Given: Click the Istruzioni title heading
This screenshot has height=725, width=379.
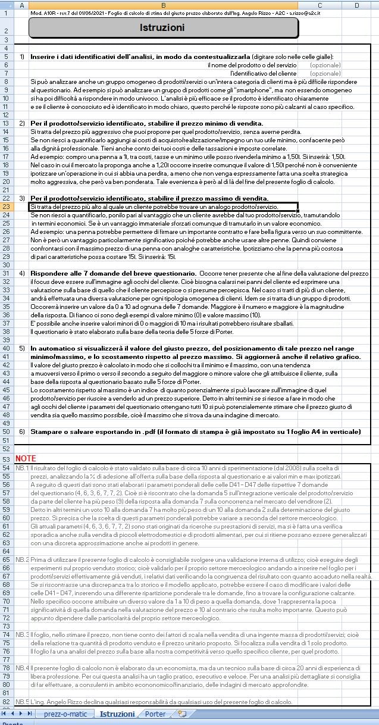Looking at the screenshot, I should click(x=162, y=27).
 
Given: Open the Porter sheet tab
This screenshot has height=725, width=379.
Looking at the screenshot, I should click(x=155, y=714).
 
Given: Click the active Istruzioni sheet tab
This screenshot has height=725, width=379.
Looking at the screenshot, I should click(x=117, y=714).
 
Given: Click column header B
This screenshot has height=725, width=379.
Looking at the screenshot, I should click(x=162, y=5).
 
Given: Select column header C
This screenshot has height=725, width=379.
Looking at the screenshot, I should click(x=320, y=5).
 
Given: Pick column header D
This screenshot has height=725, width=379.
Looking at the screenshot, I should click(x=356, y=5).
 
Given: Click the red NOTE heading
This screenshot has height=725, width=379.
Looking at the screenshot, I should click(x=26, y=459).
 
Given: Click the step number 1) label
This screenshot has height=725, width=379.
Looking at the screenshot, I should click(x=22, y=57).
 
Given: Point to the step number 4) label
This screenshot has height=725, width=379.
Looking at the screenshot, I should click(x=22, y=273).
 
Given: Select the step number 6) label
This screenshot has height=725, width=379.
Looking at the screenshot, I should click(x=22, y=431).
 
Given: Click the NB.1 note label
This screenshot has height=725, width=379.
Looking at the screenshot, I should click(x=22, y=468).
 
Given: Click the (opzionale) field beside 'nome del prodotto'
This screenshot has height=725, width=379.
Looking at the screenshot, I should click(x=325, y=65).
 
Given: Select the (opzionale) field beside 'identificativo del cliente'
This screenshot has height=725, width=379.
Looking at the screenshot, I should click(x=325, y=73).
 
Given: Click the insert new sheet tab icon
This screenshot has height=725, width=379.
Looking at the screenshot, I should click(x=181, y=714).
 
